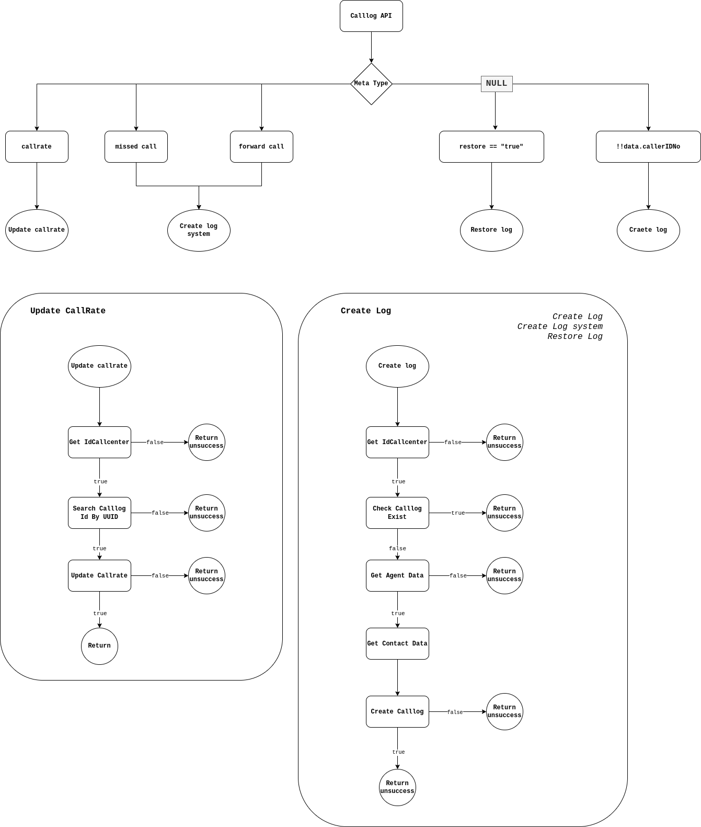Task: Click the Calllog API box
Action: pos(371,16)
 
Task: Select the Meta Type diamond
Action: pos(371,84)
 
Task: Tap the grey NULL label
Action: pos(497,84)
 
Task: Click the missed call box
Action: pos(136,146)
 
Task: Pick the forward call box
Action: pos(261,146)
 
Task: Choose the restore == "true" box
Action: pos(491,146)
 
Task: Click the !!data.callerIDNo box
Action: pos(648,146)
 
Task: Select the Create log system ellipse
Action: pos(199,230)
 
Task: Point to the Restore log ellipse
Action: pos(491,230)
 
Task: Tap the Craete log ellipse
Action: pos(648,230)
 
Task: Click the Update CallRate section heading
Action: pos(68,311)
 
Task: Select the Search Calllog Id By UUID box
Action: pos(99,513)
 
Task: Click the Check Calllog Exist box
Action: pos(397,513)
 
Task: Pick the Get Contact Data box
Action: pos(397,643)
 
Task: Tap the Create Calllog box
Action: pos(397,711)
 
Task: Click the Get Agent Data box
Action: pos(397,575)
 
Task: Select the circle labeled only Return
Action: pos(99,646)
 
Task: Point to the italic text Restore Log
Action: pos(575,336)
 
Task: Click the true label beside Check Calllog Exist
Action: pos(458,513)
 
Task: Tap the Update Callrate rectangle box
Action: pos(99,575)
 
